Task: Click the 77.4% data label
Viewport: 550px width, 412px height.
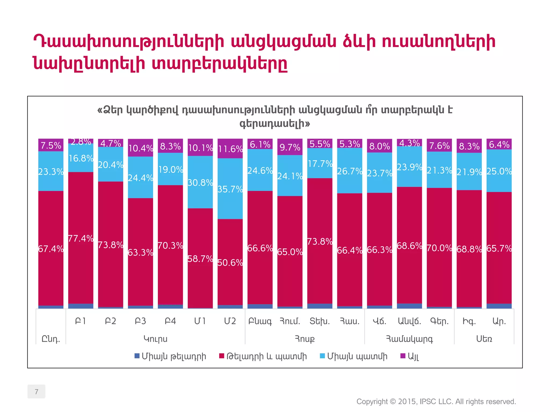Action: click(x=81, y=238)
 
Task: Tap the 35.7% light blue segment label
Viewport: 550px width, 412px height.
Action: click(x=230, y=189)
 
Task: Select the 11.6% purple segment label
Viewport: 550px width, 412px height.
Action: click(x=230, y=149)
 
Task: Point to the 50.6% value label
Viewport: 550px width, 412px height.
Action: click(x=230, y=263)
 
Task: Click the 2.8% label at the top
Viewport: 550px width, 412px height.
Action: click(x=81, y=142)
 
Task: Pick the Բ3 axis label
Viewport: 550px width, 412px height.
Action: click(x=140, y=321)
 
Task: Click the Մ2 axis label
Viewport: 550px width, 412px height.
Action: click(x=230, y=321)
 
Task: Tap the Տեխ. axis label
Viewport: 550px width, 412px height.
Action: click(x=320, y=321)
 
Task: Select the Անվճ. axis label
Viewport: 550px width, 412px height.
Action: click(x=409, y=321)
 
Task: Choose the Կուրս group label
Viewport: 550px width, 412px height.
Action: click(x=155, y=339)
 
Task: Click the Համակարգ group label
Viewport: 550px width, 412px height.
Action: click(x=409, y=339)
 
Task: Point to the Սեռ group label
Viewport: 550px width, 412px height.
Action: click(x=484, y=339)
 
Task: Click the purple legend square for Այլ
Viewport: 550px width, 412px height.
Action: click(x=403, y=356)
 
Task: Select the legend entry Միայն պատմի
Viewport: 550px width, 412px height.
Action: click(x=357, y=356)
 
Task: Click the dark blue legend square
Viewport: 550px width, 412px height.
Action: click(x=137, y=356)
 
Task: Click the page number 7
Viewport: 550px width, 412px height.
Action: click(x=37, y=392)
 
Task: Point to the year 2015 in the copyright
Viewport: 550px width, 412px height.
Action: click(x=407, y=402)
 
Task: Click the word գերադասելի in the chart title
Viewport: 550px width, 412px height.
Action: click(x=274, y=124)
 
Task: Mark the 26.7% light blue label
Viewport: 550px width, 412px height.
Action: click(x=350, y=171)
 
